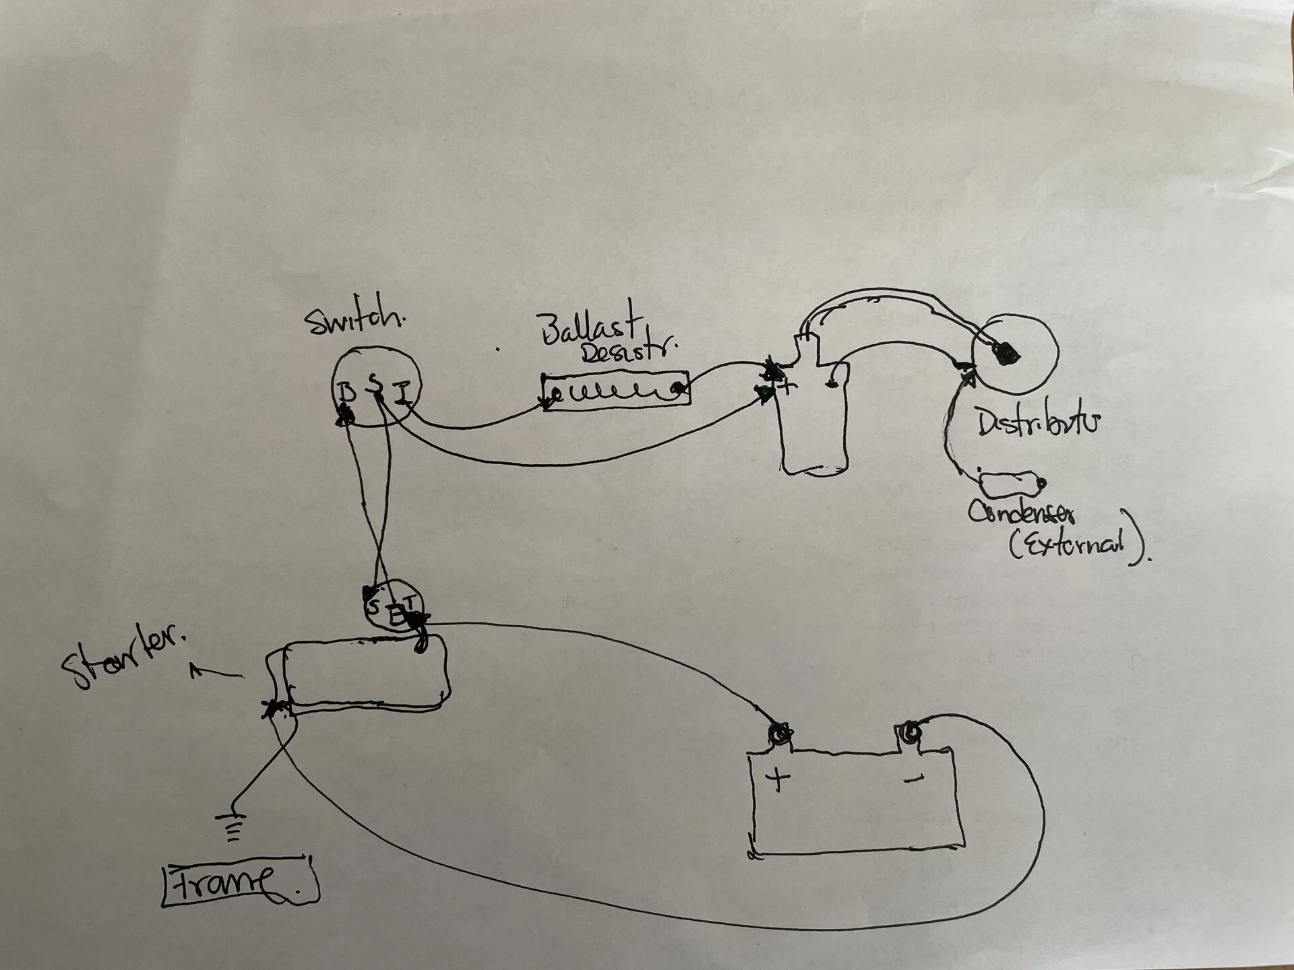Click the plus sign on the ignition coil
pyautogui.click(x=786, y=387)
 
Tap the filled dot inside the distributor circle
pyautogui.click(x=1006, y=353)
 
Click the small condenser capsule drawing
pyautogui.click(x=1009, y=483)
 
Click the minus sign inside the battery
pyautogui.click(x=913, y=779)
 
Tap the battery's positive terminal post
pyautogui.click(x=780, y=733)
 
